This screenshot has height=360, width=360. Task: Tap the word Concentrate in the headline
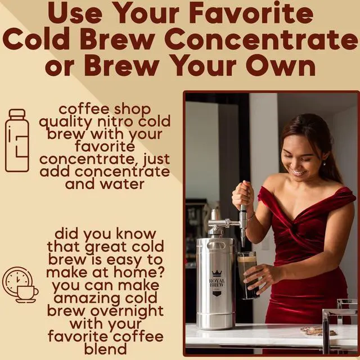(261, 39)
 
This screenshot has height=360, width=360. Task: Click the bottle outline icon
(17, 140)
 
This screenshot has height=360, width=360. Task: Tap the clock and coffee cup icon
(20, 285)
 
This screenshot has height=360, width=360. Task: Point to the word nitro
(115, 121)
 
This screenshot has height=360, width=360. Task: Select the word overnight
(127, 311)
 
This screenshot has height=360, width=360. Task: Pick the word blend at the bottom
(105, 349)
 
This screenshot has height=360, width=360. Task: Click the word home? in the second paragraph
(139, 272)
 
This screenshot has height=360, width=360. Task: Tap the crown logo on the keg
(217, 273)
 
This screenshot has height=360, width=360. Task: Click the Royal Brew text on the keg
(217, 283)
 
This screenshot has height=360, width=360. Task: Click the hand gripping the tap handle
(243, 195)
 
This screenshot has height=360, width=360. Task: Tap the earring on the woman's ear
(325, 164)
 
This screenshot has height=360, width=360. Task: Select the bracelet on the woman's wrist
(251, 216)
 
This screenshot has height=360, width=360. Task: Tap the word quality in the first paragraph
(66, 122)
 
